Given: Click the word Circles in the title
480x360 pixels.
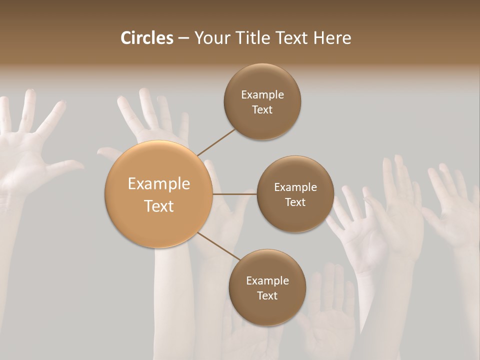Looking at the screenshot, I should [147, 38].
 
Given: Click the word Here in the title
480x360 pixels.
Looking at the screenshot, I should [332, 38].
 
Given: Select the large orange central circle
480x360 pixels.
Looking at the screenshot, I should [159, 194].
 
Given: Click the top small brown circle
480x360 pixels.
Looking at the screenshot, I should [262, 102].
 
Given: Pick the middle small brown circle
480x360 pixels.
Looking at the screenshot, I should [295, 194].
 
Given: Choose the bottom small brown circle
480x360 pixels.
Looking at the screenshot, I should [267, 287].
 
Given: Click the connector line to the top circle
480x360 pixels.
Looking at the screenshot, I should [216, 142].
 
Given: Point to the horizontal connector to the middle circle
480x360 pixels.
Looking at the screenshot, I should [234, 194].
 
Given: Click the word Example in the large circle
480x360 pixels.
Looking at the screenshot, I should [159, 184].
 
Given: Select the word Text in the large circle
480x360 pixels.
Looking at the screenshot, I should [159, 206].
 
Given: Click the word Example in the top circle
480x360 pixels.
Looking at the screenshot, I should [262, 95].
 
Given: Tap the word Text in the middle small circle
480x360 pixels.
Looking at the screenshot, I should [295, 202].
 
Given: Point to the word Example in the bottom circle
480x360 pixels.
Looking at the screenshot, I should [267, 280].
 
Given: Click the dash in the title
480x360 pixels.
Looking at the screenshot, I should [183, 38].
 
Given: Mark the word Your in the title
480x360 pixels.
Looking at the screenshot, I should [210, 38].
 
